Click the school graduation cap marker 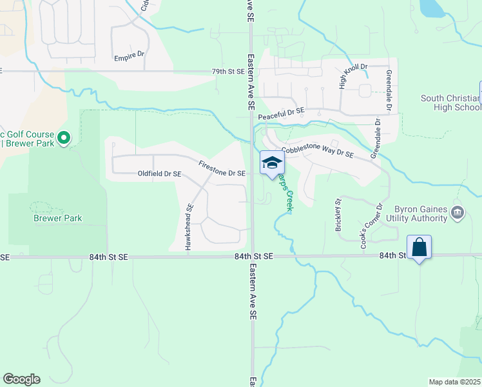[x=272, y=162]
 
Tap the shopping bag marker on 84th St [x=419, y=247]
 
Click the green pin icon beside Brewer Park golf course [x=63, y=138]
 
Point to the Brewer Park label [x=57, y=219]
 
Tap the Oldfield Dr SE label [x=160, y=174]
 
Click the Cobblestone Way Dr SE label [x=318, y=152]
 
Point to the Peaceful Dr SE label [x=280, y=115]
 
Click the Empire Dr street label [x=129, y=57]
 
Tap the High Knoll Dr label [x=352, y=75]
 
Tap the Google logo [x=21, y=379]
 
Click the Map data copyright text [x=455, y=382]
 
